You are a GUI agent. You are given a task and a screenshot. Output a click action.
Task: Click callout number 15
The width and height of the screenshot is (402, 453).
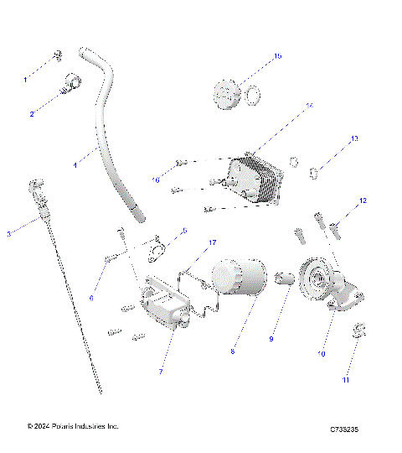click(277, 56)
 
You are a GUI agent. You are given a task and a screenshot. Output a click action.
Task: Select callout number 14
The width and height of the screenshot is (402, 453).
click(309, 106)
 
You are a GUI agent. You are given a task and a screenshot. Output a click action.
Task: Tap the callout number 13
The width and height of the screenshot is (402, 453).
click(354, 138)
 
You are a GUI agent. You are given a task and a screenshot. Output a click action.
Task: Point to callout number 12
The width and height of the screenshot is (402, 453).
click(363, 201)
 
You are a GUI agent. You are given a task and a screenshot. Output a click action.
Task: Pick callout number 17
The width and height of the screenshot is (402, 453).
click(213, 242)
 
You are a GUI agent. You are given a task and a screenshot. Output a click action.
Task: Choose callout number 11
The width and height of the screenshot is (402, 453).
click(347, 380)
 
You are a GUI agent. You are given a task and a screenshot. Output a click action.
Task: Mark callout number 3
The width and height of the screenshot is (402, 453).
click(9, 233)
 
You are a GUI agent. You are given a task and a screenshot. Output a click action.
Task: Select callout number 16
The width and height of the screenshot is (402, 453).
click(157, 179)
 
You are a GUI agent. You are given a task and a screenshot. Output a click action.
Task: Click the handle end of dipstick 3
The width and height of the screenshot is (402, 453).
click(35, 185)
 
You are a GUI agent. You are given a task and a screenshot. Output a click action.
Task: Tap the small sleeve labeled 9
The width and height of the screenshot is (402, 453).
click(282, 278)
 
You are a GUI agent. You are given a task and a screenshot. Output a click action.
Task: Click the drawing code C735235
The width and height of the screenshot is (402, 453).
click(344, 430)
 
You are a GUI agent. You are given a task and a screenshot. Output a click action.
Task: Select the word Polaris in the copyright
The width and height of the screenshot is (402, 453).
click(62, 426)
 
